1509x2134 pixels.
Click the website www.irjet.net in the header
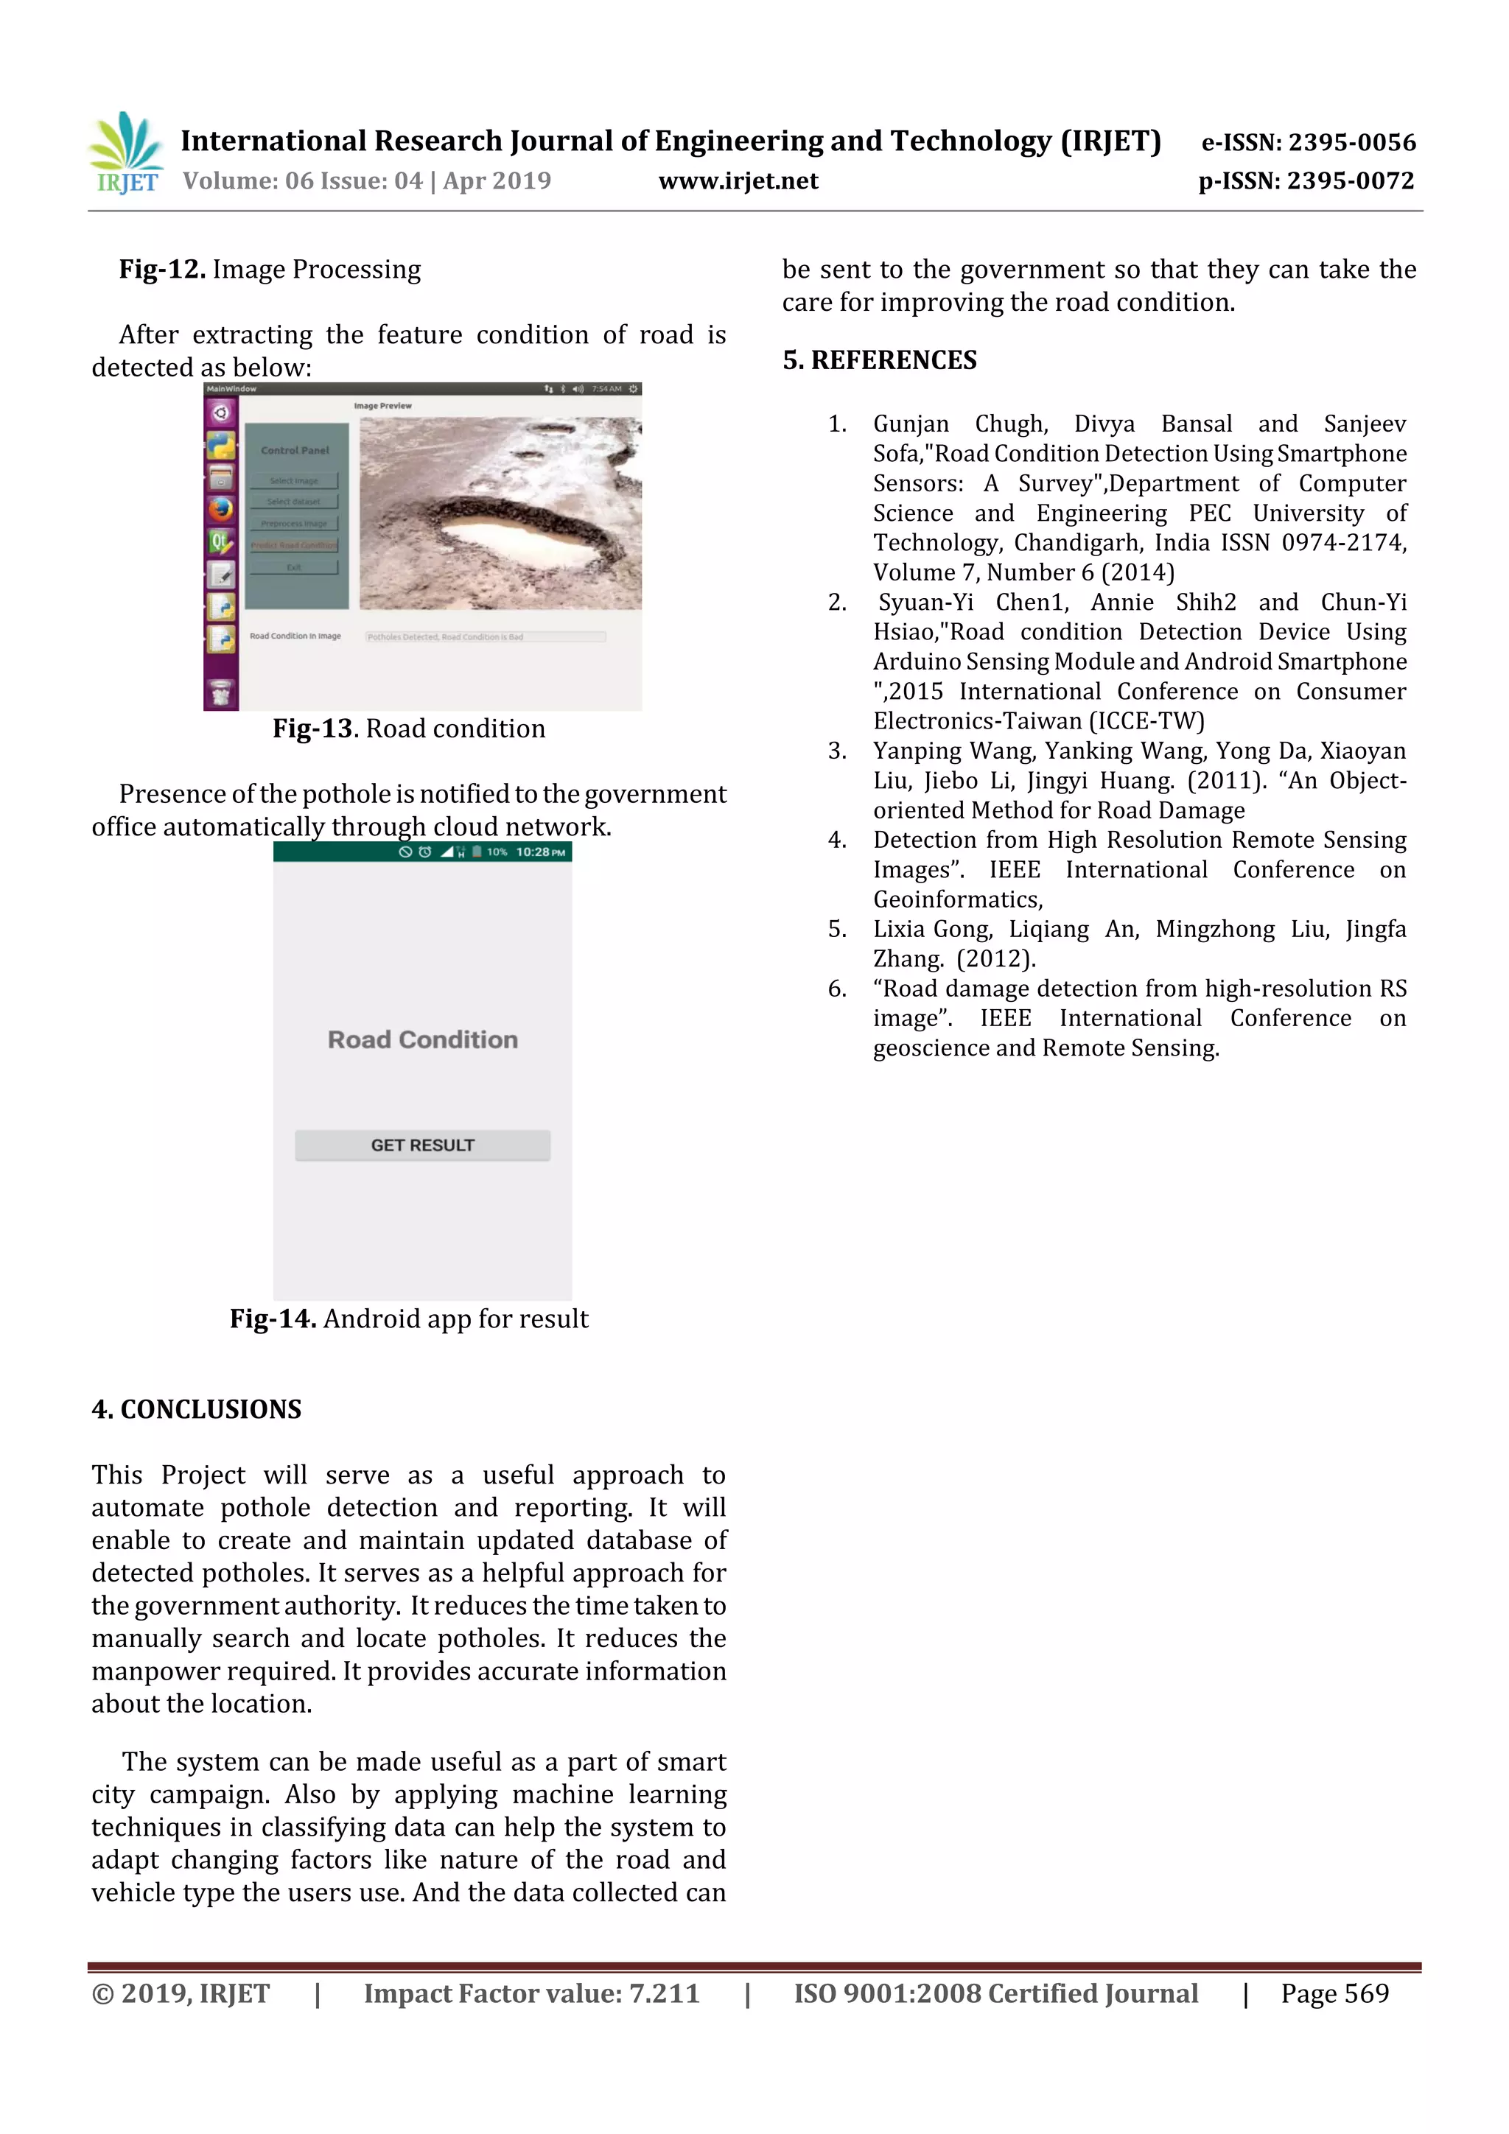pos(738,180)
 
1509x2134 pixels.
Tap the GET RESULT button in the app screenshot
pos(422,1145)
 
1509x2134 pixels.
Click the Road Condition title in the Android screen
pos(422,1039)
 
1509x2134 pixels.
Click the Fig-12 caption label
pos(162,270)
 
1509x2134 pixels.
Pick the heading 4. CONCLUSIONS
pos(196,1409)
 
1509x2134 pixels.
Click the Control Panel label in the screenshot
pos(295,450)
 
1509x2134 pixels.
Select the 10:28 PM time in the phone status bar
pos(540,852)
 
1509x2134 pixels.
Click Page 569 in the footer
pos(1334,1993)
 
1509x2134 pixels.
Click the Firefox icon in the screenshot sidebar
pos(220,508)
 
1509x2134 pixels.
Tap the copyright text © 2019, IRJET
pos(181,1993)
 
